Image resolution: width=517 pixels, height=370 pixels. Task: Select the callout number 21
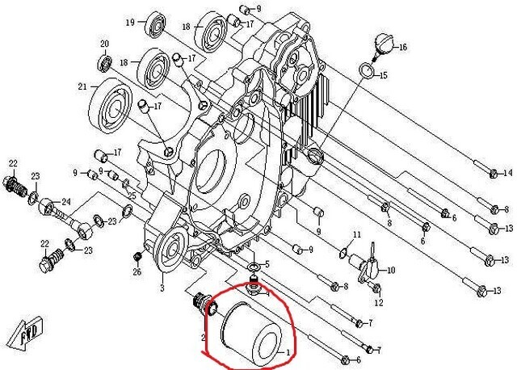pos(82,87)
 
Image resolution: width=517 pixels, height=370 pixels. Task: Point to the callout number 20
pos(104,44)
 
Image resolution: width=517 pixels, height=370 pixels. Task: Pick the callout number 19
pos(129,23)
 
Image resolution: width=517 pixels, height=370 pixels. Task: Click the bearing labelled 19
pos(153,26)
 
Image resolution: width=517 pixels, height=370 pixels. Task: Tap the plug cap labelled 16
pos(384,45)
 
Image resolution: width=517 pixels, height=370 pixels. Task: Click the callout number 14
pos(507,174)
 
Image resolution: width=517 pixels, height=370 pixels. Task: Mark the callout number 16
pos(401,48)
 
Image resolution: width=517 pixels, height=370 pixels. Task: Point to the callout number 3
pos(162,288)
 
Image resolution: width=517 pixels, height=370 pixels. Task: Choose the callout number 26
pos(137,271)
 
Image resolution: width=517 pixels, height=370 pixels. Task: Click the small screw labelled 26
pos(137,257)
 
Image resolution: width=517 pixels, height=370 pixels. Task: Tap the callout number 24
pos(66,202)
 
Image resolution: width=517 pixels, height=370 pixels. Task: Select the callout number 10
pos(390,270)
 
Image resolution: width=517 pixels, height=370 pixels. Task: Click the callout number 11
pos(354,235)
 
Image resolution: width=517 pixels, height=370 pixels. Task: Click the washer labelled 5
pos(254,267)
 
